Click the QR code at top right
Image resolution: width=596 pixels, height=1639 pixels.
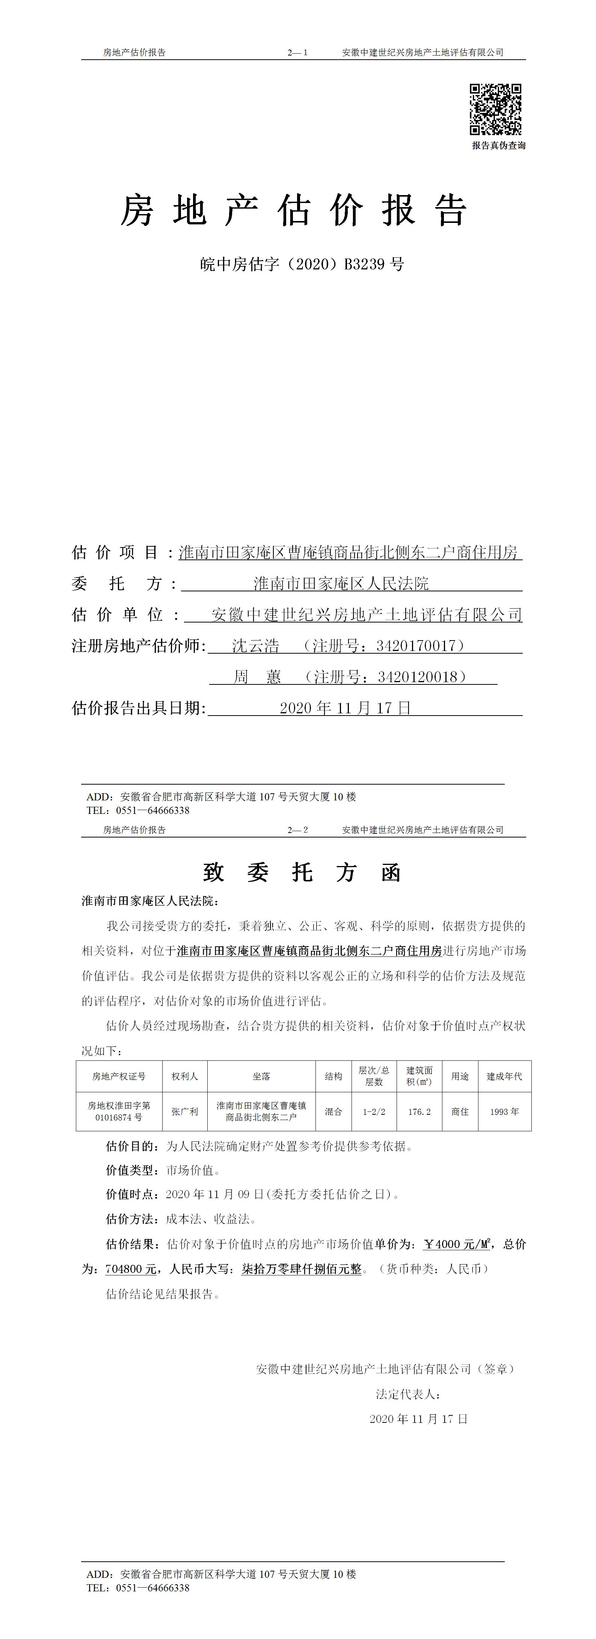pyautogui.click(x=495, y=110)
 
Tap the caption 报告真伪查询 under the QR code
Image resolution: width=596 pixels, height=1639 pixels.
pyautogui.click(x=499, y=146)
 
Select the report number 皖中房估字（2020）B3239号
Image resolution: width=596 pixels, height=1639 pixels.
pyautogui.click(x=302, y=264)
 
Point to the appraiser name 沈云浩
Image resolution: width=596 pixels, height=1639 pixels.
pyautogui.click(x=255, y=646)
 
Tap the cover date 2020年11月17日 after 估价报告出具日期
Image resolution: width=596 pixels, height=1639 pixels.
pyautogui.click(x=346, y=708)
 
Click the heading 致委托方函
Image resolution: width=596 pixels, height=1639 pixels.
pyautogui.click(x=302, y=872)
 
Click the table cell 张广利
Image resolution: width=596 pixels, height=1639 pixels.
pyautogui.click(x=185, y=1111)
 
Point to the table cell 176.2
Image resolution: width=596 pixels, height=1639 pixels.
pyautogui.click(x=419, y=1111)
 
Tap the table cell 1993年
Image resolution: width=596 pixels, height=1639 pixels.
pyautogui.click(x=504, y=1111)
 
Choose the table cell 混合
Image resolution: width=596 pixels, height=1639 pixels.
pyautogui.click(x=333, y=1111)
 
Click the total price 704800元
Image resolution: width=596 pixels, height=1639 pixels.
pyautogui.click(x=131, y=1269)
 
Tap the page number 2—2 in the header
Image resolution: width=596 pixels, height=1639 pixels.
pyautogui.click(x=297, y=830)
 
